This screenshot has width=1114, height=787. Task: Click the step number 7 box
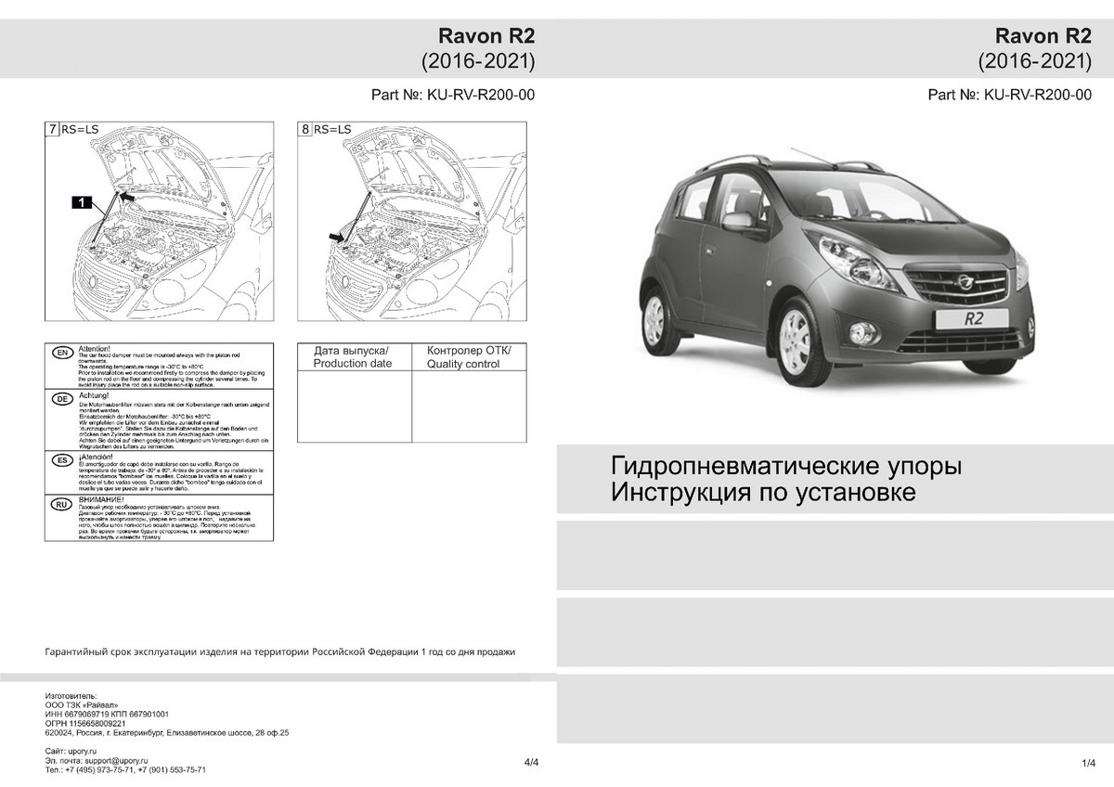tap(52, 130)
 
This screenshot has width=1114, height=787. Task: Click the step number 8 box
tap(305, 130)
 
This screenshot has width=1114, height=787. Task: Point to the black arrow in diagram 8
tap(335, 239)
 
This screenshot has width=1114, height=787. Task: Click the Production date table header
tap(353, 357)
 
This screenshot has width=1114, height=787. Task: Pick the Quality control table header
tap(469, 357)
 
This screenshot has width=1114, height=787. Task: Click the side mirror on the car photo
tap(733, 221)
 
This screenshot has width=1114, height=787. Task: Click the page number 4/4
tap(531, 762)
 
